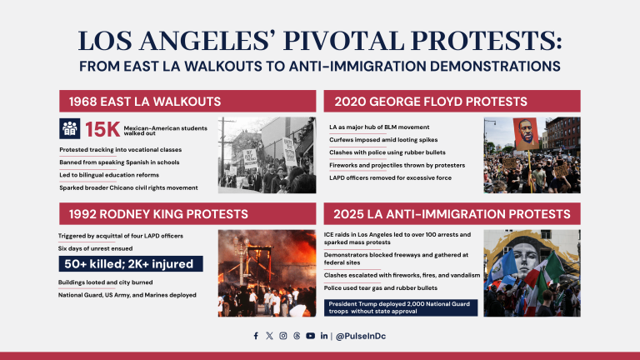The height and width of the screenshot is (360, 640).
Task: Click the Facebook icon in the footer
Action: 256,336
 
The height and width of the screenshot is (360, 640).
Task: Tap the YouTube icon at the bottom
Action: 310,336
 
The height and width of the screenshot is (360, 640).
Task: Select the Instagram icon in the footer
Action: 283,336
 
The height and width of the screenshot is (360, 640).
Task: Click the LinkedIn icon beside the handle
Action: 323,336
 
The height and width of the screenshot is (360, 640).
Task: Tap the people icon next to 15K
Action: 70,128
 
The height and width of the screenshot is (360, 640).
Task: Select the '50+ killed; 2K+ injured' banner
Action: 129,264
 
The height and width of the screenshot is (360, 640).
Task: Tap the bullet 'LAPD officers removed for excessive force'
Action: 390,179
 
